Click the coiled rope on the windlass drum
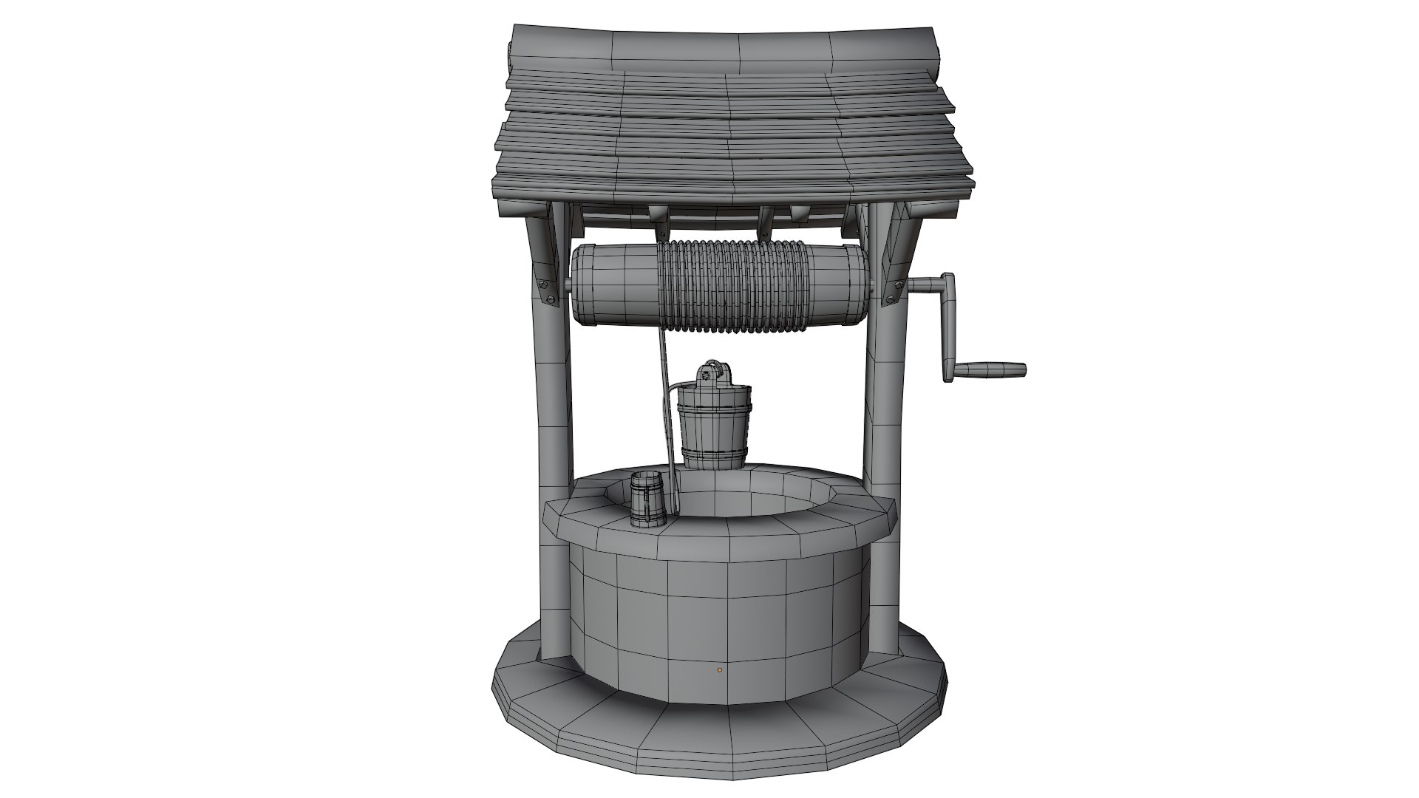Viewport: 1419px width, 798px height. click(x=732, y=285)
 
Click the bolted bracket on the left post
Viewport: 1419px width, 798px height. click(x=548, y=289)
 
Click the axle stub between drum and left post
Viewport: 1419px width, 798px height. click(x=568, y=285)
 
